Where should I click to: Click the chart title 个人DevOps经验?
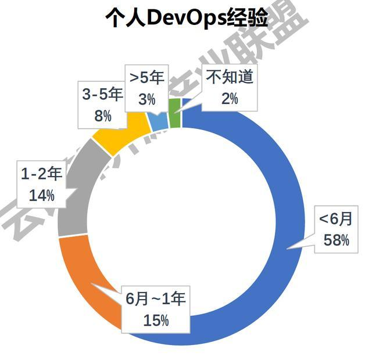tap(185, 19)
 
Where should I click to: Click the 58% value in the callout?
tap(337, 239)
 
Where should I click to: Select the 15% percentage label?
tap(156, 319)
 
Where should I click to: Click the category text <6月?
tap(335, 219)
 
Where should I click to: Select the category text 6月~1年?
tap(156, 299)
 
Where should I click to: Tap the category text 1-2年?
tap(42, 174)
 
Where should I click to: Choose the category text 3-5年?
tap(102, 95)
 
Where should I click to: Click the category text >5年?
tap(147, 78)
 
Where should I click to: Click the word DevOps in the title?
tap(177, 19)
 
